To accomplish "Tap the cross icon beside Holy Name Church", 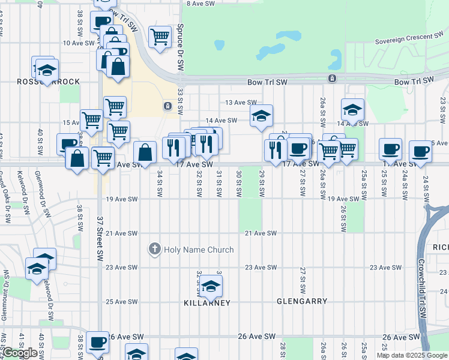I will [154, 249].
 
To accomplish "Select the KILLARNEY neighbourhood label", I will [207, 303].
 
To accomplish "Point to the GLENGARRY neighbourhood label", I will [302, 301].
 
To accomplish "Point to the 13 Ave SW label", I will [240, 103].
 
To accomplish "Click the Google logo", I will [19, 353].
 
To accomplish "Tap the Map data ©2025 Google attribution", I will [412, 355].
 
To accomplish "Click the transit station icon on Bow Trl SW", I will [332, 79].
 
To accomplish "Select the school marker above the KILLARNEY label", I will [211, 287].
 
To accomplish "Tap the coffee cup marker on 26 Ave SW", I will [97, 343].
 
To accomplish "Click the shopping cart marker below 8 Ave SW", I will [160, 37].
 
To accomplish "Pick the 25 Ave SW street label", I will [122, 302].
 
